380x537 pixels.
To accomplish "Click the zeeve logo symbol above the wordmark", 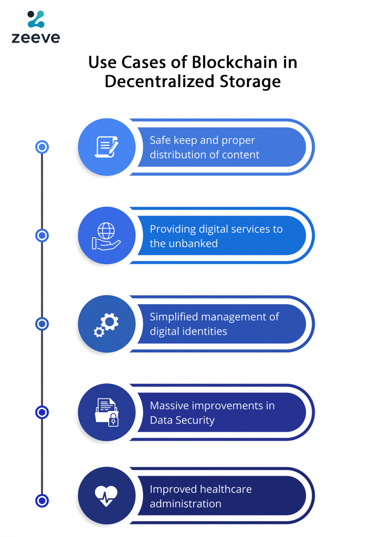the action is point(36,19).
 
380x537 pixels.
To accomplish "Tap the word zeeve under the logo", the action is point(36,37).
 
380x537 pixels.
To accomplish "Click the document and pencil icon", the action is point(107,147).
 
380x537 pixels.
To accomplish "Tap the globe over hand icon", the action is point(106,236).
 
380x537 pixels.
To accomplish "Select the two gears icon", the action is point(107,324).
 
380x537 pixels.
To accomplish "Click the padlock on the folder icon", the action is point(113,420).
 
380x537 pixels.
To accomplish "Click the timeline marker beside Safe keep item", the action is point(42,147).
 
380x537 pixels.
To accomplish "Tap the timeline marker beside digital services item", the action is point(42,235).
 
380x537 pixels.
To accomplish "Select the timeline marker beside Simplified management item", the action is point(42,324).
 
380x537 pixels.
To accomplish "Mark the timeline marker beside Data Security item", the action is point(42,412).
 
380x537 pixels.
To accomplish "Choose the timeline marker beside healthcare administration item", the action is point(42,501).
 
